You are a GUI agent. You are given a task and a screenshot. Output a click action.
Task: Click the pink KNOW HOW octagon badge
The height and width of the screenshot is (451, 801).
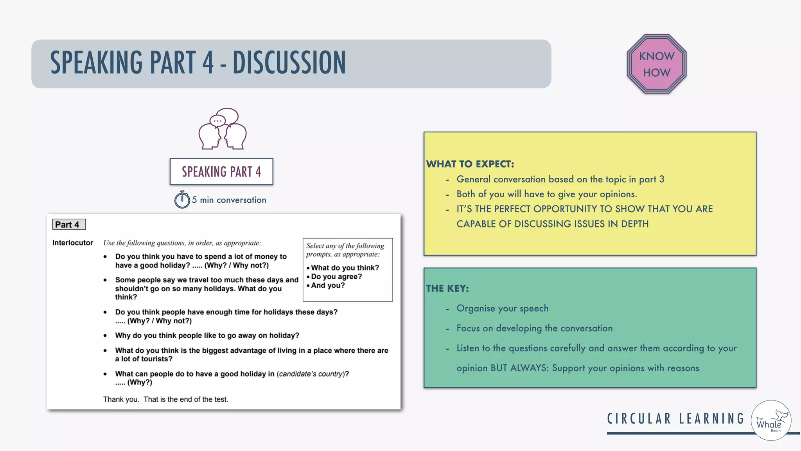coord(657,64)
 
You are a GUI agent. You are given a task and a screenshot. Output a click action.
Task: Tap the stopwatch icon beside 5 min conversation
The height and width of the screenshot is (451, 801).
coord(182,200)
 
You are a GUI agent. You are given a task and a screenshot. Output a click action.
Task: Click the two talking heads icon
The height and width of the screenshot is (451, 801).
coord(223,129)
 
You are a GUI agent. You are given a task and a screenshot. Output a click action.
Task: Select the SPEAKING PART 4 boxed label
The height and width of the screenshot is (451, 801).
coord(221,171)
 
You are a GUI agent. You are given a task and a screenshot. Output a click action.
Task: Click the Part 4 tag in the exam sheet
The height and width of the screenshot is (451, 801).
coord(68,224)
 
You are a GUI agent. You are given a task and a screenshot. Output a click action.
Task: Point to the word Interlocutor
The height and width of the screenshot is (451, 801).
coord(73,243)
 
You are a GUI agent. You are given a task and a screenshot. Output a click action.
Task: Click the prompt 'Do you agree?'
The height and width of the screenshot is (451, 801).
coord(336,276)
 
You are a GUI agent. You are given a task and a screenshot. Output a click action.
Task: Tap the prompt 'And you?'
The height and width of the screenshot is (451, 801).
coord(328,285)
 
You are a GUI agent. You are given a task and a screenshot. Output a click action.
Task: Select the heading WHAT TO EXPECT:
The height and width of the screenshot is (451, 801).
coord(470,164)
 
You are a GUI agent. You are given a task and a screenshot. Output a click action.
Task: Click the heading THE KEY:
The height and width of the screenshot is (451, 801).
coord(447,289)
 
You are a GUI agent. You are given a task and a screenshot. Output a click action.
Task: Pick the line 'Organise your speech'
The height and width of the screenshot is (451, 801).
coord(502,308)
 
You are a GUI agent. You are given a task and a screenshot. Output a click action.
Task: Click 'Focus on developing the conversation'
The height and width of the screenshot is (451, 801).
coord(534,328)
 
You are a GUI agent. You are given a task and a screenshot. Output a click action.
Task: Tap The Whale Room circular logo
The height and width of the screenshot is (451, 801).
coord(771,420)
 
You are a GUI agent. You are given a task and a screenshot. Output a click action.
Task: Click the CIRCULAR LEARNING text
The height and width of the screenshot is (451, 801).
coord(675,419)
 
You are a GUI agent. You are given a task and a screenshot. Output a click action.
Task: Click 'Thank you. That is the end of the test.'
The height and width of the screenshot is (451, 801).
coord(165,399)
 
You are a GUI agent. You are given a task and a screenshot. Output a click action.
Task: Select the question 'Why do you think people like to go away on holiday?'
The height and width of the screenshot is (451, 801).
coord(207,336)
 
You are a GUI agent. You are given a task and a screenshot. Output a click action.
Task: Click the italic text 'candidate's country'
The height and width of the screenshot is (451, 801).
coord(311,374)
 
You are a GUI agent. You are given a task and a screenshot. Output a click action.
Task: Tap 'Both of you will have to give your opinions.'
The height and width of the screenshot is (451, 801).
coord(546,194)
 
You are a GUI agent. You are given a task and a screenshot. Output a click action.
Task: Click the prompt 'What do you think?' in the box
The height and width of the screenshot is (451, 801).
coord(345,268)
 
